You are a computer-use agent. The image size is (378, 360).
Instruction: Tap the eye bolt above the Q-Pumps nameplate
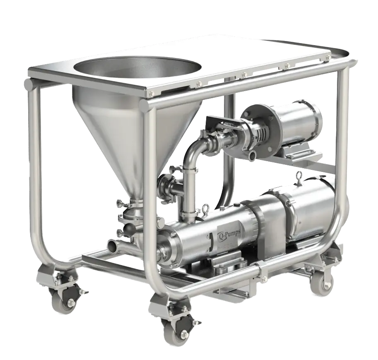pyautogui.click(x=206, y=208)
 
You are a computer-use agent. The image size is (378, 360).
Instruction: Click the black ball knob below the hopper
pyautogui.click(x=128, y=227)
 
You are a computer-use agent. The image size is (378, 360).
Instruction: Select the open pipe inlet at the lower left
pyautogui.click(x=114, y=246)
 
